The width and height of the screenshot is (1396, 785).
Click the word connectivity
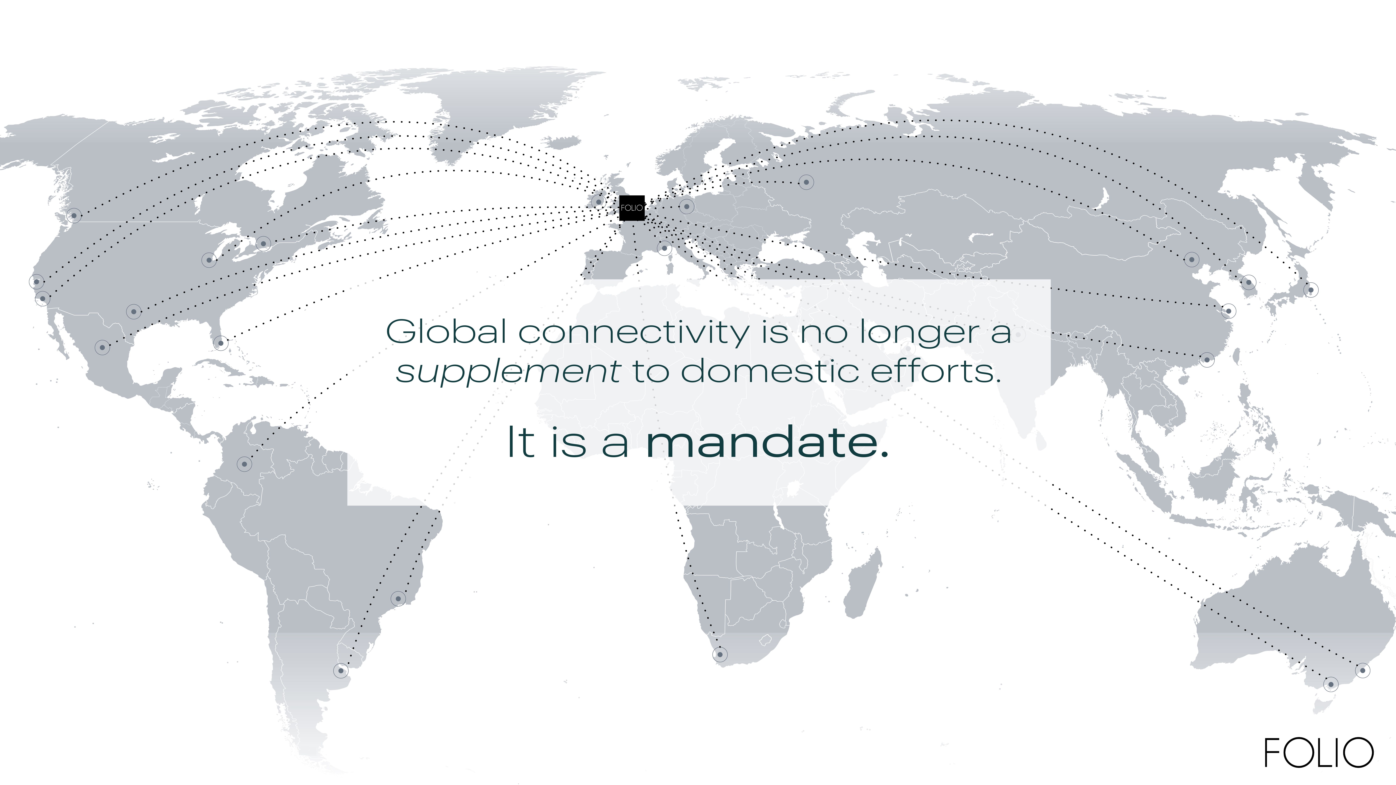click(634, 332)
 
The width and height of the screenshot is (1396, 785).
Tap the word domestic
click(770, 371)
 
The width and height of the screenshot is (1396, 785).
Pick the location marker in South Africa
click(720, 655)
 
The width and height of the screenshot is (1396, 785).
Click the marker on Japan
click(1310, 290)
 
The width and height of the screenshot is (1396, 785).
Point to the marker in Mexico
click(102, 347)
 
